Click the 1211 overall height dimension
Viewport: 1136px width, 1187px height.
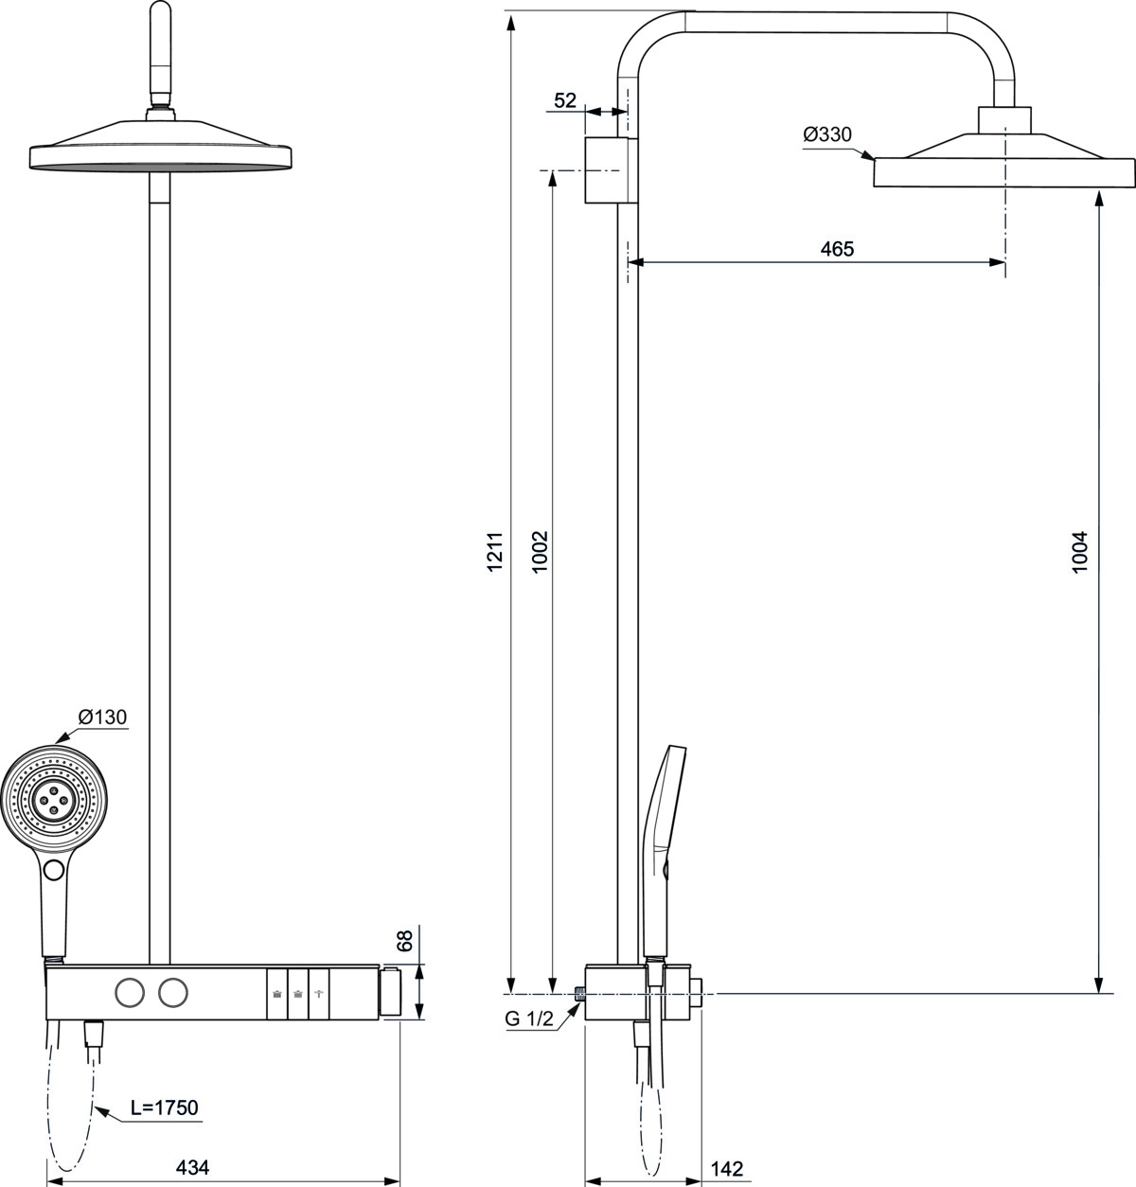tap(495, 552)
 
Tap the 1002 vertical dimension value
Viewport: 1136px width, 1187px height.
tap(540, 552)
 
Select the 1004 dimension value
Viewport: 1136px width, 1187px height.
tap(1079, 552)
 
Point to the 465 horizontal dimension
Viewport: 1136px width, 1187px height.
tap(837, 249)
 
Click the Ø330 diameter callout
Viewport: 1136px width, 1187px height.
tap(827, 134)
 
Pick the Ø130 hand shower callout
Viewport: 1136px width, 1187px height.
tap(102, 717)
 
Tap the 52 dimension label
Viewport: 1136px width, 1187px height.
tap(565, 100)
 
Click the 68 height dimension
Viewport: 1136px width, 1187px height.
tap(405, 940)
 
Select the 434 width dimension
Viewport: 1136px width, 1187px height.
tap(192, 1167)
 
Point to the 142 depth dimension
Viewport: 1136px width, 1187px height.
tap(727, 1169)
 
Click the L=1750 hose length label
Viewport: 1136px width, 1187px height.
tap(165, 1107)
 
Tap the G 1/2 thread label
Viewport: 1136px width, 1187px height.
tap(529, 1019)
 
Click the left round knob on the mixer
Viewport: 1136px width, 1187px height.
tap(130, 993)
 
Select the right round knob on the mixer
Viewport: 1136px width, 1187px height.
tap(172, 993)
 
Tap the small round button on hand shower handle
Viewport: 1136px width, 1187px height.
tap(54, 870)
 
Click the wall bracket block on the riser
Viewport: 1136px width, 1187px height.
tap(611, 170)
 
